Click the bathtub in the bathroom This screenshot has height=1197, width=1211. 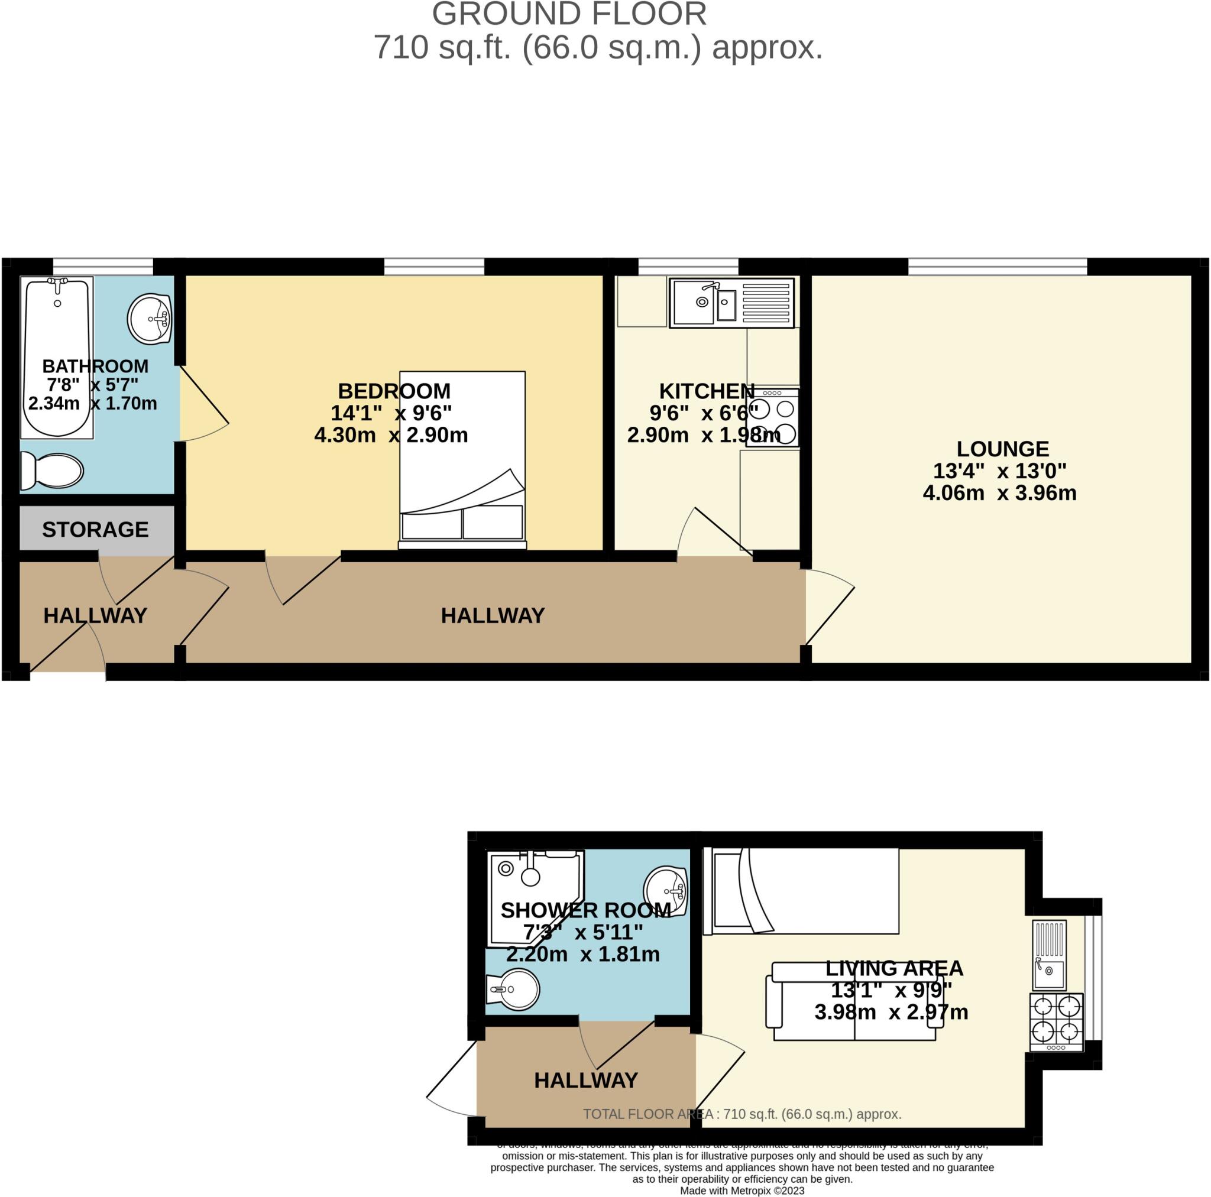[x=57, y=357]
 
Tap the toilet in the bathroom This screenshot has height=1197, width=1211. [x=53, y=471]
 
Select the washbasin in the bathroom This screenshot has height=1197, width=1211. [x=150, y=319]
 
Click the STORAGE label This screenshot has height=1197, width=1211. [x=95, y=530]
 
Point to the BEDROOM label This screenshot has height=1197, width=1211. [x=394, y=391]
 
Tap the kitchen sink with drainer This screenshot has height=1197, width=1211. [x=731, y=303]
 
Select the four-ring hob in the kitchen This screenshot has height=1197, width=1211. [x=773, y=417]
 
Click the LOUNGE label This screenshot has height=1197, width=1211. [x=1002, y=449]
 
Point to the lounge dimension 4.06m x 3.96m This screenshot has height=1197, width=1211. [x=999, y=492]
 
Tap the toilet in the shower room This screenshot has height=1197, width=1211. [x=514, y=990]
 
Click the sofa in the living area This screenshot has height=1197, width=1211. [x=854, y=1003]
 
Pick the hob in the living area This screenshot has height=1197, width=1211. [x=1056, y=1022]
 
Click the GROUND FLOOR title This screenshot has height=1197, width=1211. [x=569, y=14]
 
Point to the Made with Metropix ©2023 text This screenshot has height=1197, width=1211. [x=742, y=1190]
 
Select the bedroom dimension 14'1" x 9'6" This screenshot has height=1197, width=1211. [x=391, y=413]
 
